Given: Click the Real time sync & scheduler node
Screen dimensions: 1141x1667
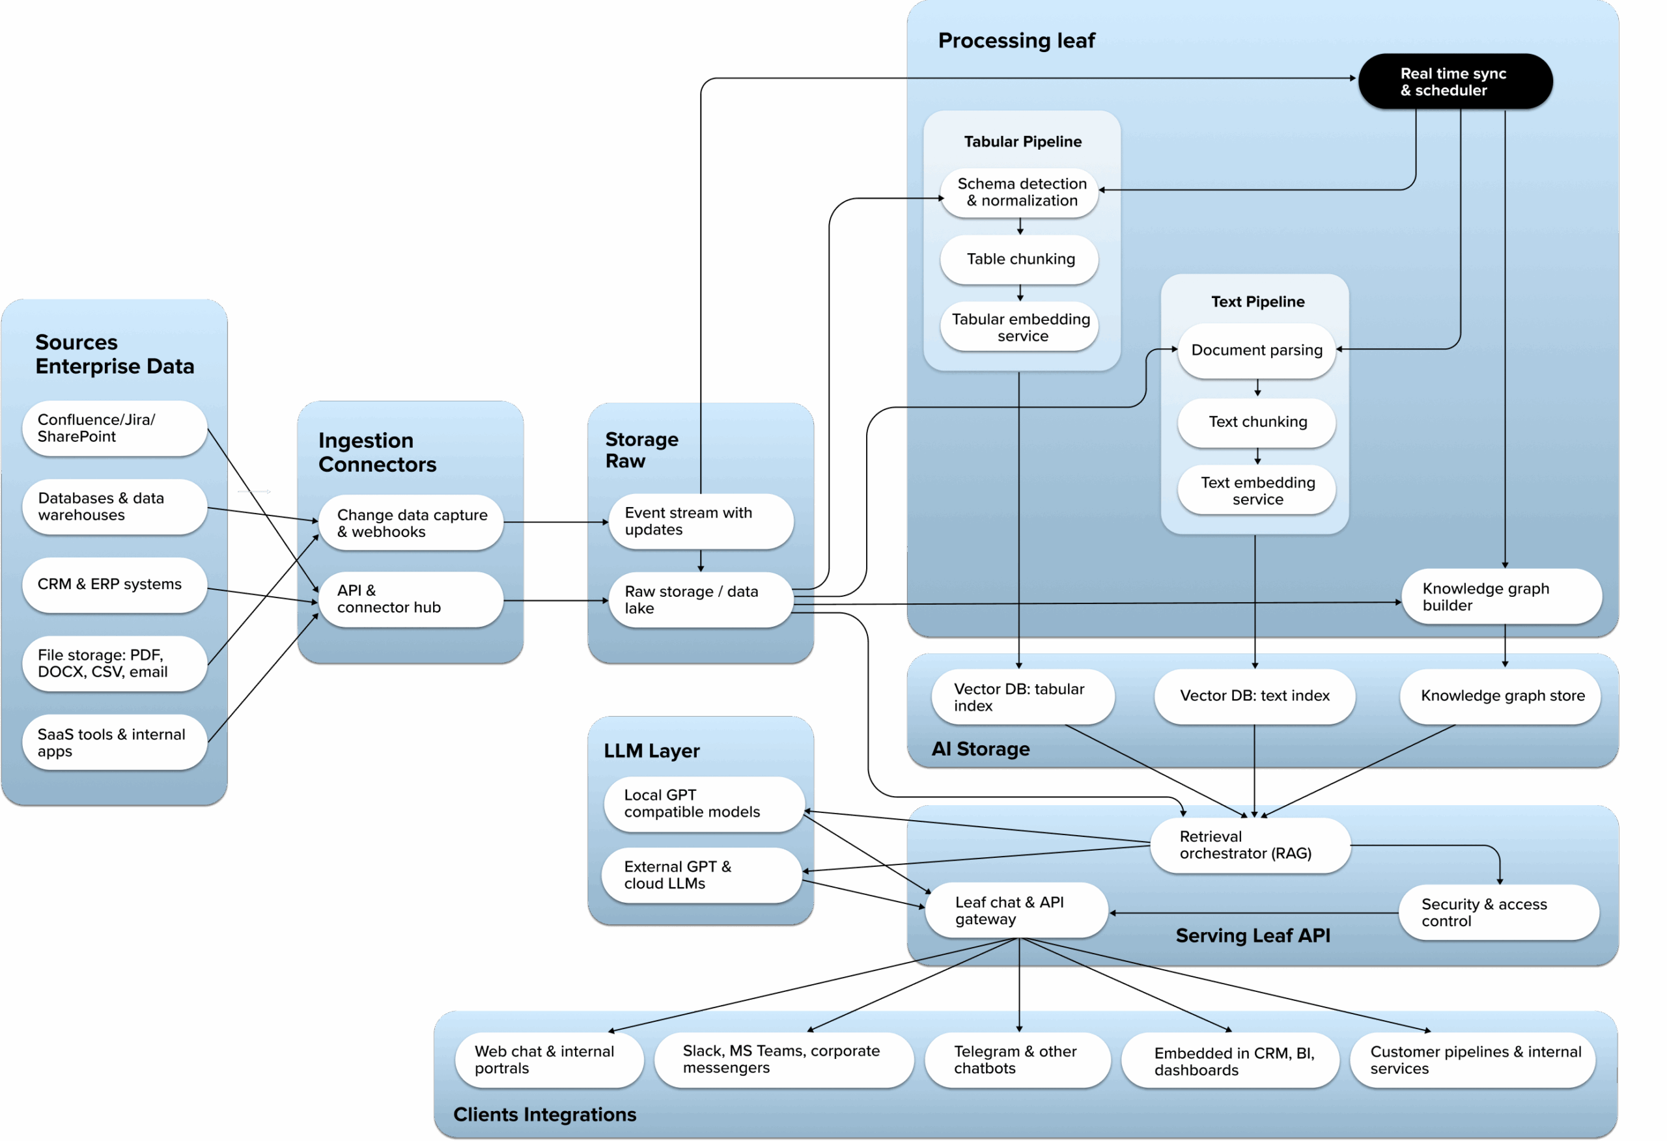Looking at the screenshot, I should pos(1455,82).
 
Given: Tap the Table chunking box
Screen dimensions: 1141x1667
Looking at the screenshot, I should pos(1019,259).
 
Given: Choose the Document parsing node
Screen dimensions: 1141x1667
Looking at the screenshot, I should pos(1256,350).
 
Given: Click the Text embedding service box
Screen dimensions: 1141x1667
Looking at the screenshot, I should pos(1256,491).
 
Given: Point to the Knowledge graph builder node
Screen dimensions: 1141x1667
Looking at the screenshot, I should pos(1500,597).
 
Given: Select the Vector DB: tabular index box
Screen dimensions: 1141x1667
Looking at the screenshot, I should pos(1022,696).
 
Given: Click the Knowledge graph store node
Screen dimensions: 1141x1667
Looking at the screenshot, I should pos(1500,696).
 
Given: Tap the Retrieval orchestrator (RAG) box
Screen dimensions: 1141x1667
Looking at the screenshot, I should pos(1250,845).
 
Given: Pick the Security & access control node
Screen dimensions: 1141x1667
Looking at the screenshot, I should pos(1498,913).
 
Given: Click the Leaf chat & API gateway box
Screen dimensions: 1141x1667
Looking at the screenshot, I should pos(1016,910).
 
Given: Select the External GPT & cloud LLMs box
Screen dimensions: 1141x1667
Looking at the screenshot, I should pos(701,875).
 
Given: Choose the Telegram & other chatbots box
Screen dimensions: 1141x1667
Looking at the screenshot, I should pos(1016,1059).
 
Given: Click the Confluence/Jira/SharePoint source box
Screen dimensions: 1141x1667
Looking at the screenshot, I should pos(114,428).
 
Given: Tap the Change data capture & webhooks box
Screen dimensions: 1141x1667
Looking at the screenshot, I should pos(410,523).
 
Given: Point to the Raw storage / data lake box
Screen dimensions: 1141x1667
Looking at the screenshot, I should pos(700,599).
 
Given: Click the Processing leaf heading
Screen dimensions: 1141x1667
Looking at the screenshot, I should pos(1016,41).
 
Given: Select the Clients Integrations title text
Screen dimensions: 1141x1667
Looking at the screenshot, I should pos(544,1114).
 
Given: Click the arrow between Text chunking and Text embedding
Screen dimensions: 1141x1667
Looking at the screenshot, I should pos(1257,456).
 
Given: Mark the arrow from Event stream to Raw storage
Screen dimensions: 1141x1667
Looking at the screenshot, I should pos(701,561).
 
